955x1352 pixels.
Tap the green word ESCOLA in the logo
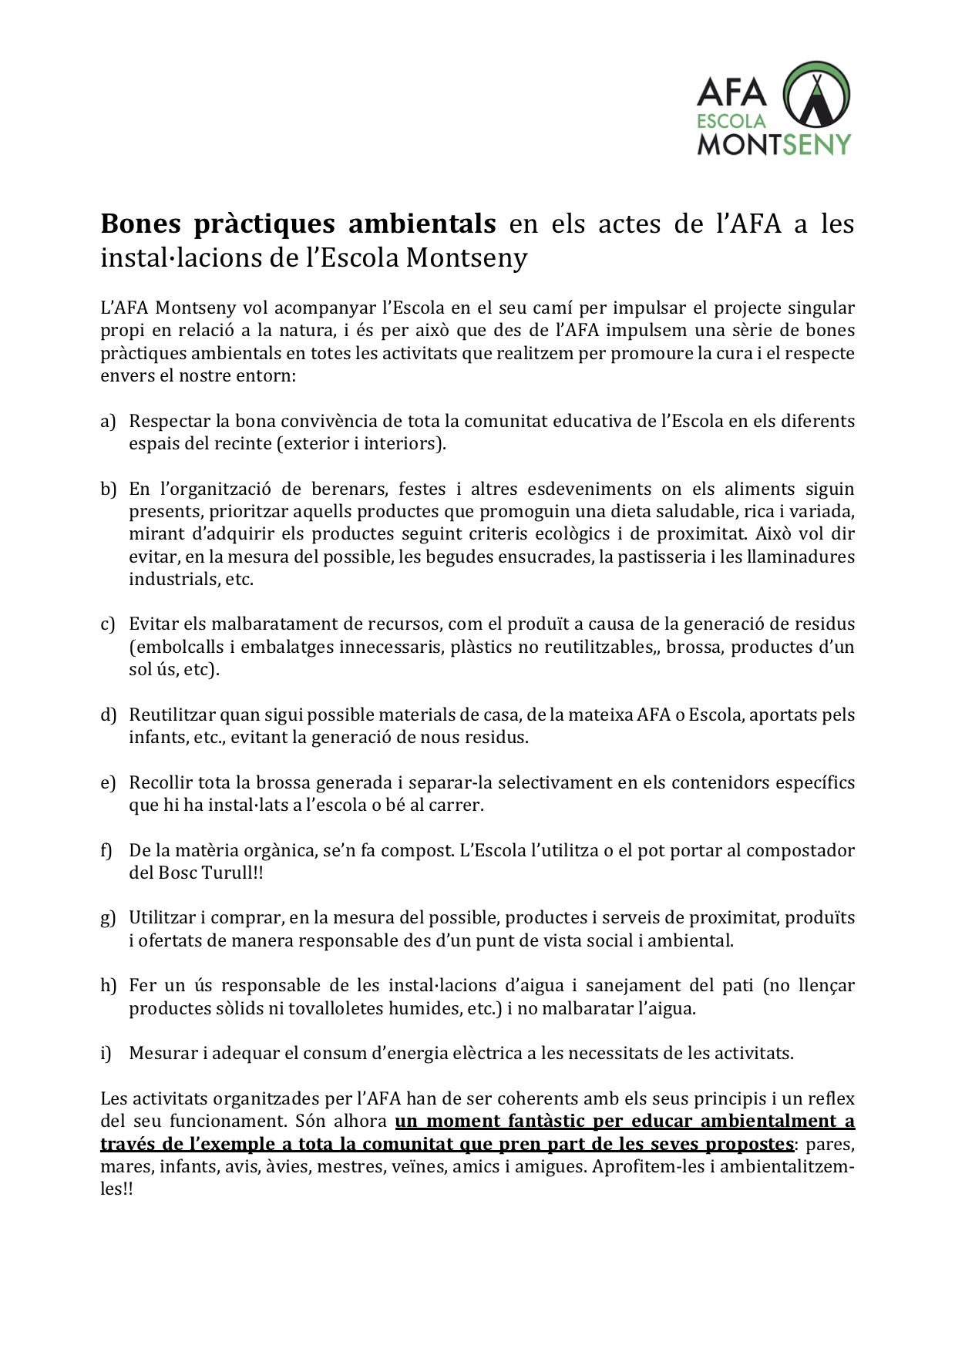[731, 121]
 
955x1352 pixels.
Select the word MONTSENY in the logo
[774, 144]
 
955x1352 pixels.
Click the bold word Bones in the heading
[141, 224]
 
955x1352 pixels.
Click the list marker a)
[108, 421]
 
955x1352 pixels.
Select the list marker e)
[108, 782]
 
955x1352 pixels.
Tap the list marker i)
[106, 1053]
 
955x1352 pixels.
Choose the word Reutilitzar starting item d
[173, 715]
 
